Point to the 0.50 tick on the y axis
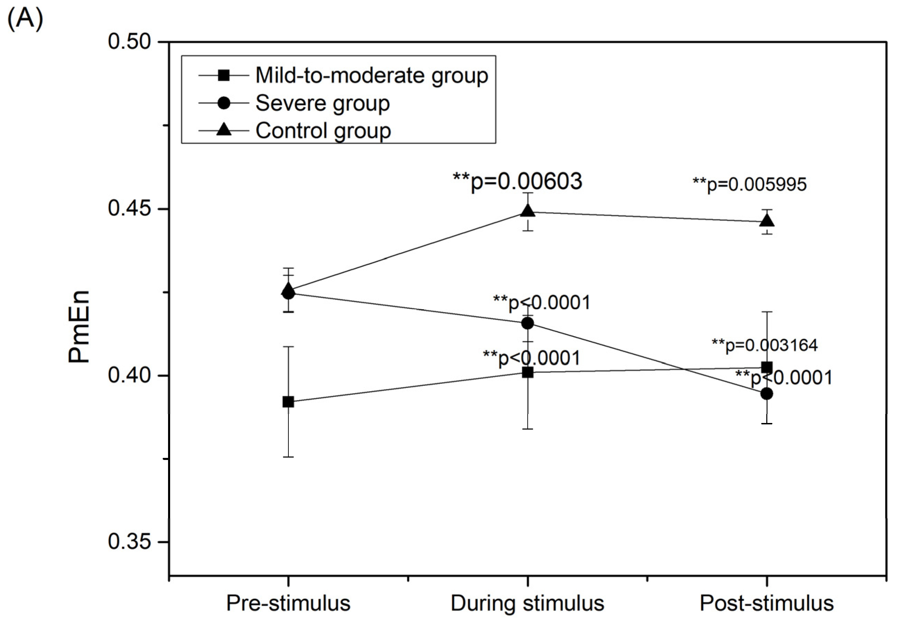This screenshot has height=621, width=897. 129,41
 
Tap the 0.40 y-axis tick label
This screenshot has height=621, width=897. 129,375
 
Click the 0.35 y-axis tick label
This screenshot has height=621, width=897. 129,542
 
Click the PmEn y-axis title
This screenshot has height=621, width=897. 79,327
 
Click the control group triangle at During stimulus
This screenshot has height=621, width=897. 528,211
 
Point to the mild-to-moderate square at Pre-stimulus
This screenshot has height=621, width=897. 288,402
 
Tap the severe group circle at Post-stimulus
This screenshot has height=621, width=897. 767,394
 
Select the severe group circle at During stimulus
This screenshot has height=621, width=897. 528,323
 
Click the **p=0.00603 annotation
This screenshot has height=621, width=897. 517,181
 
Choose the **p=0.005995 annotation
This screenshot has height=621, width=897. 749,184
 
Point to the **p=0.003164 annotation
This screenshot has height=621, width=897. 765,345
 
